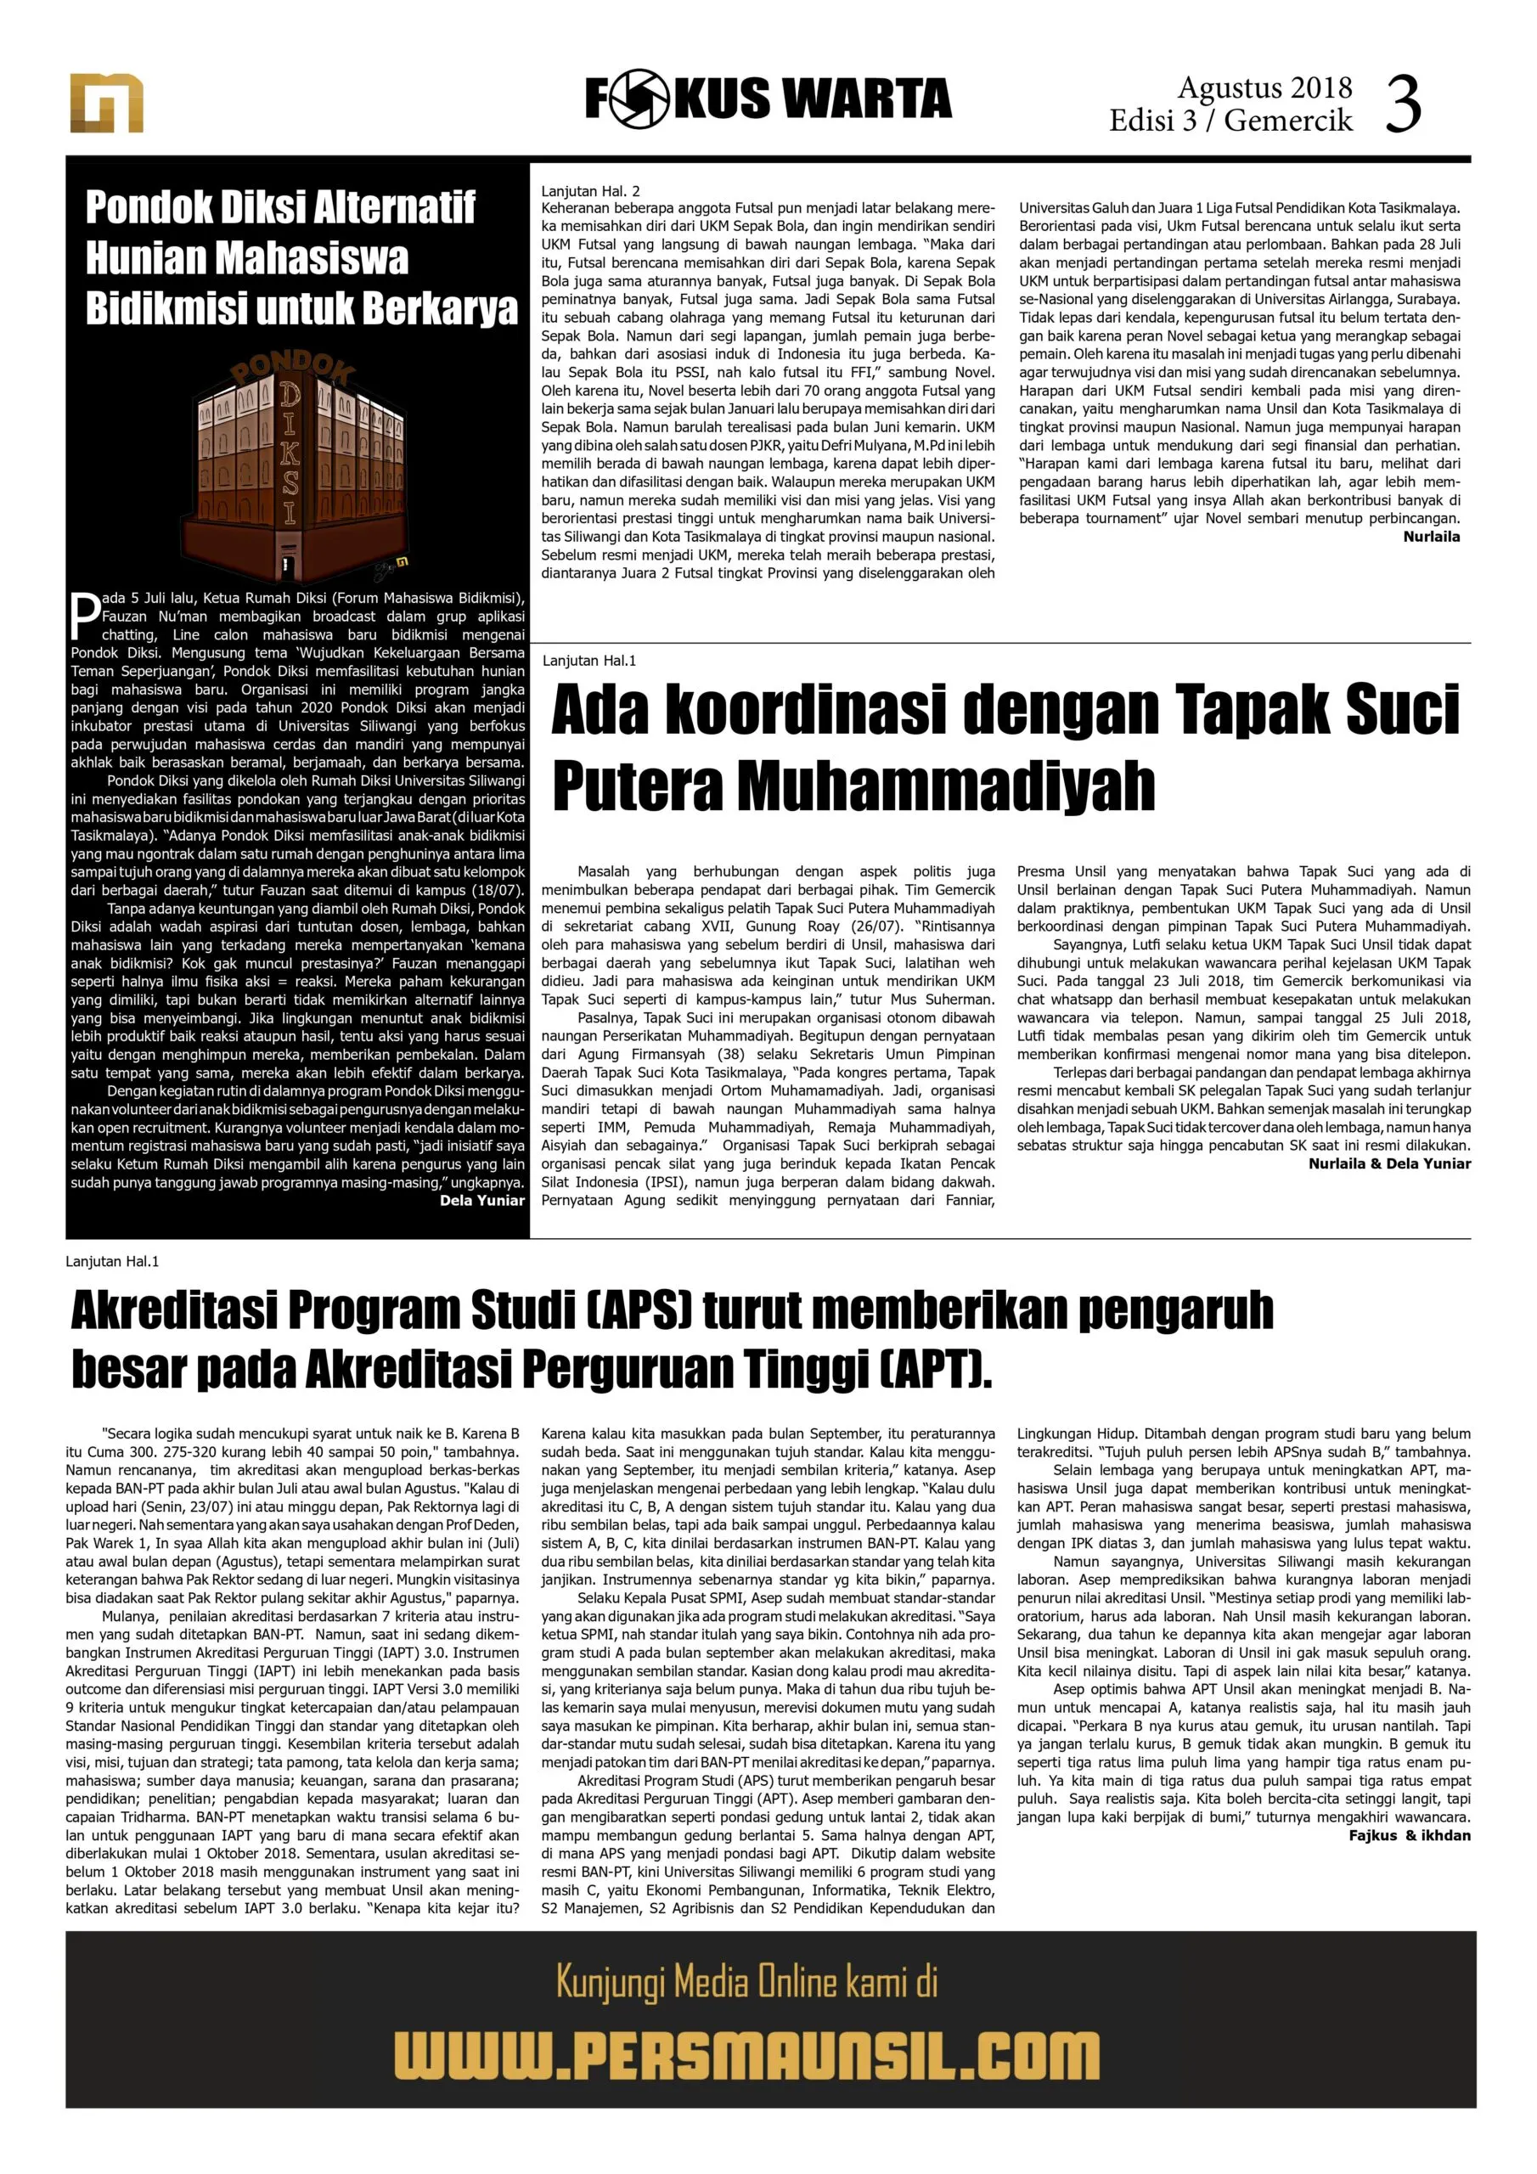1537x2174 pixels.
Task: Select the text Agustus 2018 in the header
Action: click(1264, 88)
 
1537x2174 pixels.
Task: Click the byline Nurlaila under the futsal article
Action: click(1431, 537)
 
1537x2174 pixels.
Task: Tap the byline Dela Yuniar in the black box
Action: click(482, 1201)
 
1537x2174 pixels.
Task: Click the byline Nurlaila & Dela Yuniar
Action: click(1389, 1163)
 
